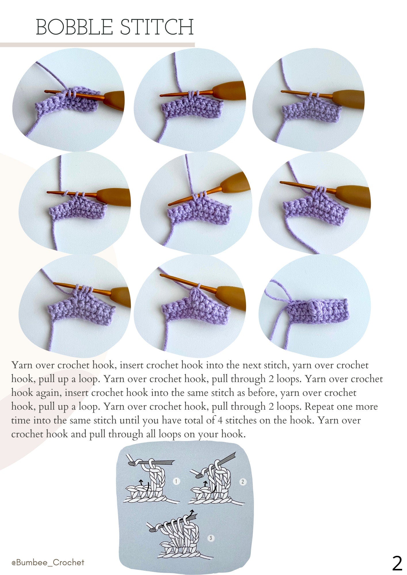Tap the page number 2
coord(397,563)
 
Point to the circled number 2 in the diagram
coord(243,482)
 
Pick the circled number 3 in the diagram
coord(211,538)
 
